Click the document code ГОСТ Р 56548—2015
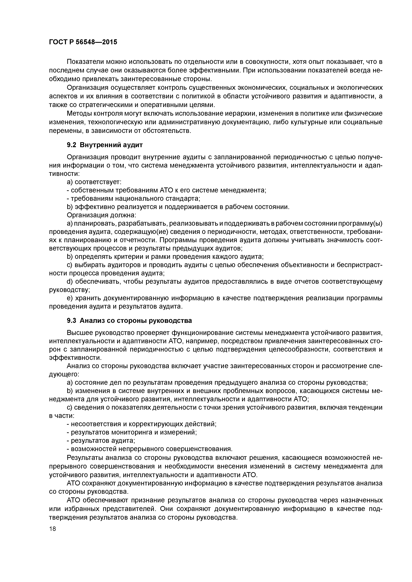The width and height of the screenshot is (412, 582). [83, 42]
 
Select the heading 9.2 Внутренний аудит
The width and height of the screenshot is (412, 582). [105, 145]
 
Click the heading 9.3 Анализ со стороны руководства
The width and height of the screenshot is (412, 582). [129, 321]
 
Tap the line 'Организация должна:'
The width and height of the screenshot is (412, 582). [102, 215]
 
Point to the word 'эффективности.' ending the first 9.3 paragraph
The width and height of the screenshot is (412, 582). [75, 358]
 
